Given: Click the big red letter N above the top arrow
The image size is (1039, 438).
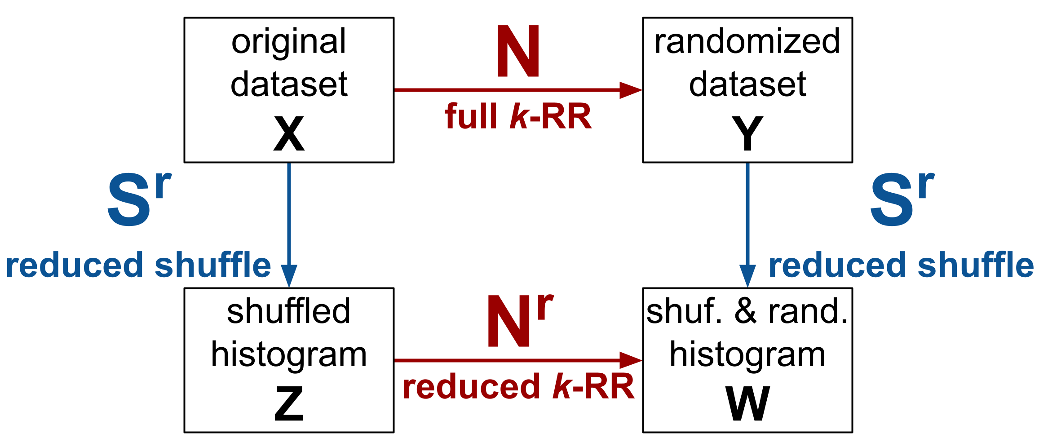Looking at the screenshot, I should click(517, 52).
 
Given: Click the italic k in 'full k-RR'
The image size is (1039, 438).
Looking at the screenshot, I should click(519, 117).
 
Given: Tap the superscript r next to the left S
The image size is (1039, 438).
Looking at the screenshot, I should click(164, 185).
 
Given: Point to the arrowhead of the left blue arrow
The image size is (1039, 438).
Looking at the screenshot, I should click(289, 275).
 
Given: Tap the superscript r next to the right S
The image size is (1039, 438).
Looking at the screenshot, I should click(926, 185).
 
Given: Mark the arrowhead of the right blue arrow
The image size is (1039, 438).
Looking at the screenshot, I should click(747, 275).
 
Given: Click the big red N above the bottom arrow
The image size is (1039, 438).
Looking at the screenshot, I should click(509, 322).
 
